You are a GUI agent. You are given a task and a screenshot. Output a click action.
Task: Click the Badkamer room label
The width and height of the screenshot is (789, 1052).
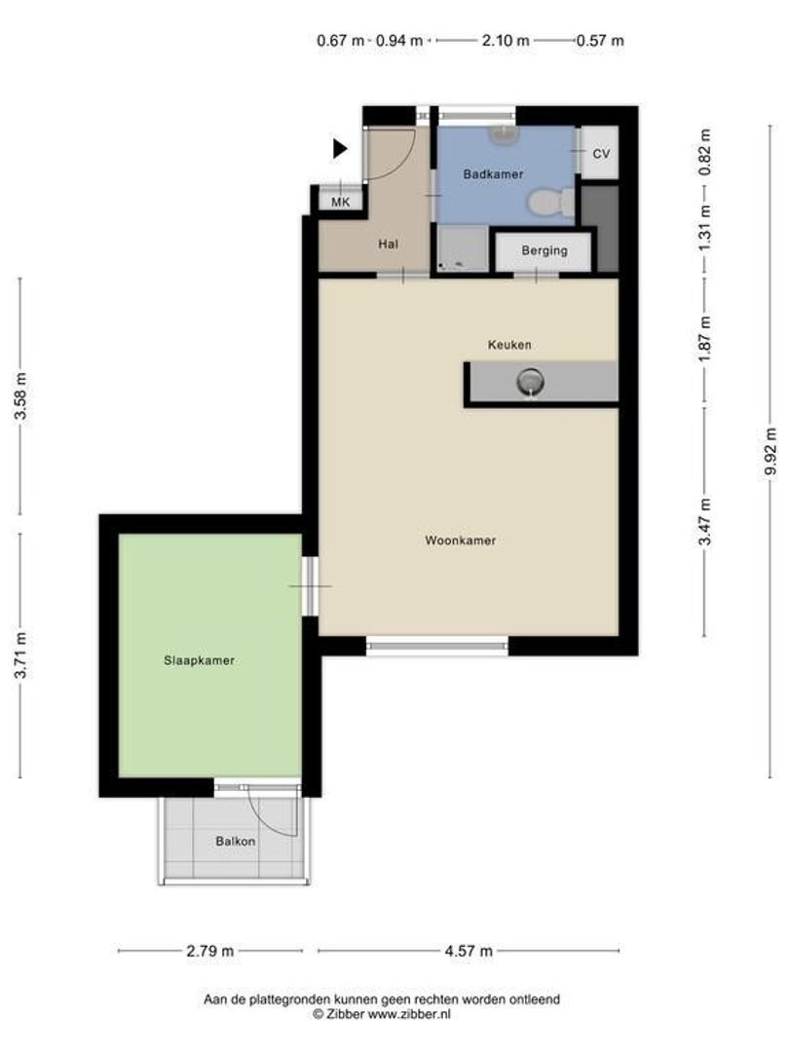coord(493,174)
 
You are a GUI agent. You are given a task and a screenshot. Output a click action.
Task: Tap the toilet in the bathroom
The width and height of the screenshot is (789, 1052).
coord(550,202)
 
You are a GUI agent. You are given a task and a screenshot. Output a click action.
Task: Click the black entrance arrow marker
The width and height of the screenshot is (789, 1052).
coord(340,148)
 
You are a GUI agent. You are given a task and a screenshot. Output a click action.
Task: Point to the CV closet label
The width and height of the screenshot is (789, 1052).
coord(601,154)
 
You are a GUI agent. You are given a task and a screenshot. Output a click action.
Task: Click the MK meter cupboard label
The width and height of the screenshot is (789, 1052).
coord(341,202)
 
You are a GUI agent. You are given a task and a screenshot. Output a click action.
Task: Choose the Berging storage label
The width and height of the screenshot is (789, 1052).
coord(545,251)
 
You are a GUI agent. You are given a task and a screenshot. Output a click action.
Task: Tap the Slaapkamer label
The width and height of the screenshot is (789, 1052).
coord(200,660)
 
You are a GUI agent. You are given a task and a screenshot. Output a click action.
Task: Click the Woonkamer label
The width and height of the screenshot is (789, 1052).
coord(460,540)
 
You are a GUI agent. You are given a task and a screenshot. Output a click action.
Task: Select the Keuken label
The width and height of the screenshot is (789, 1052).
coord(509,345)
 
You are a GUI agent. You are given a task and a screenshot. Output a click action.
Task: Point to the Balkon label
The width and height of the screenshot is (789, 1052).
coord(236,842)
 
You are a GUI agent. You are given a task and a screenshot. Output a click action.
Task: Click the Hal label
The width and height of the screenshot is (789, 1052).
coord(388,244)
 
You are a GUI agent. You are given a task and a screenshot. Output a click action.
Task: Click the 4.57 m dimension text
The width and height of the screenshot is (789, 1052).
coord(469,951)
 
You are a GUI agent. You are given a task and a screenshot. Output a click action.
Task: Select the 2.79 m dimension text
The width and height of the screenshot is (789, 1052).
coord(210,951)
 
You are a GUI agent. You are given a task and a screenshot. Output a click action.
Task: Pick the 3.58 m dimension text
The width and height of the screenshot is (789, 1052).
coord(20,395)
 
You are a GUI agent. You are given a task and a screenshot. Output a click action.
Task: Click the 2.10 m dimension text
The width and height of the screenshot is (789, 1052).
coord(506,40)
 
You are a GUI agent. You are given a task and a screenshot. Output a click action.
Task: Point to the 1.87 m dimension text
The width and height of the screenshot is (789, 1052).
coord(704,339)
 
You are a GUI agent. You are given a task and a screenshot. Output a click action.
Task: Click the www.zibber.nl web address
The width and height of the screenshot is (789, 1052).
coord(409,1014)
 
